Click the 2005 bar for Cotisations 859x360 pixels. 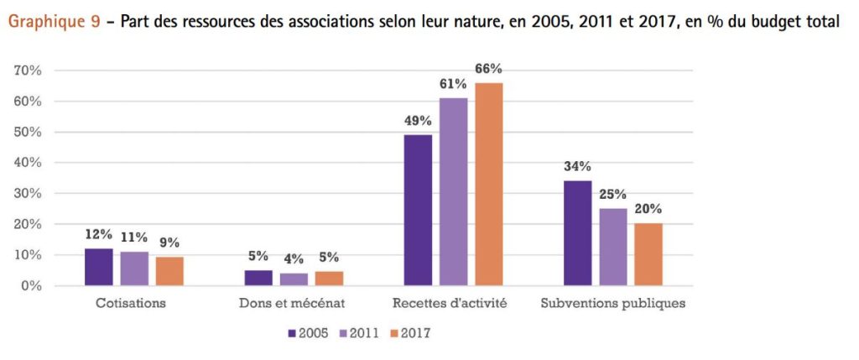coord(99,267)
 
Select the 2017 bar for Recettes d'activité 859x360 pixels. coord(489,185)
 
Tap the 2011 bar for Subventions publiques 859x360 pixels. coord(613,247)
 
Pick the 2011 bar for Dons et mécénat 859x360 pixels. coord(294,279)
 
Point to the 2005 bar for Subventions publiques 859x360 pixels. coord(578,233)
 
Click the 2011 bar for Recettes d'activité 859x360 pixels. coord(454,192)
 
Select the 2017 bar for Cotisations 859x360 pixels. coord(169,271)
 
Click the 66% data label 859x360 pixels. coord(488,69)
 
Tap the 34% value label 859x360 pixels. coord(578,165)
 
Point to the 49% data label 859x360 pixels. coord(418,120)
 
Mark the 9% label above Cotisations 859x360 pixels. coord(169,243)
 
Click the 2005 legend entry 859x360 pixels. coord(308,333)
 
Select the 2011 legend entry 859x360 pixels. coord(360,333)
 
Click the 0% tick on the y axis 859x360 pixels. coord(32,286)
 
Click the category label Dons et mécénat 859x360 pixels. coord(294,303)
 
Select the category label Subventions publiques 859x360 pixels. coord(613,303)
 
